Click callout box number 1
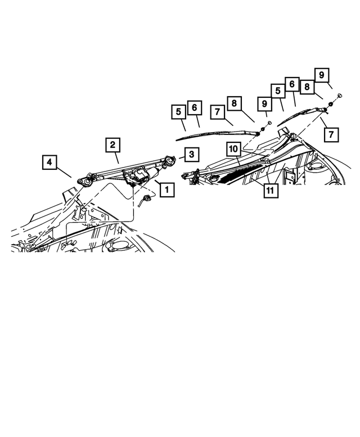pyautogui.click(x=166, y=190)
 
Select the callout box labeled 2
pyautogui.click(x=113, y=146)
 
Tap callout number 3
pyautogui.click(x=191, y=154)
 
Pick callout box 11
pyautogui.click(x=271, y=190)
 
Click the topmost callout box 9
pyautogui.click(x=321, y=75)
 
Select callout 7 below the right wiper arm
pyautogui.click(x=331, y=134)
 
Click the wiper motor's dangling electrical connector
pyautogui.click(x=148, y=197)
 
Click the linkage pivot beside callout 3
pyautogui.click(x=168, y=161)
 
